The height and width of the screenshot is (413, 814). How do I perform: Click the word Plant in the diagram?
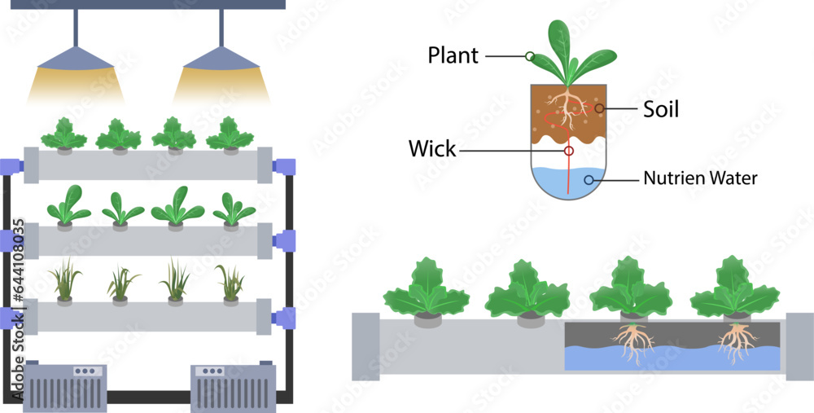(453, 56)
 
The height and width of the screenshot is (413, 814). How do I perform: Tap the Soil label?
(660, 108)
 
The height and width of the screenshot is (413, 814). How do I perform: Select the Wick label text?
(432, 150)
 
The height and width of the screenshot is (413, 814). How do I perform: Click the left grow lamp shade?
(76, 59)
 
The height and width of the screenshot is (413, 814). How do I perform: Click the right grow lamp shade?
(221, 59)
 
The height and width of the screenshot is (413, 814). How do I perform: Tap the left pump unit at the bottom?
(66, 382)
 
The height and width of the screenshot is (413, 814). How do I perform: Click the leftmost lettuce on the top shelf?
(63, 134)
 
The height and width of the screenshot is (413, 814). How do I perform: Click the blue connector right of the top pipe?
(283, 166)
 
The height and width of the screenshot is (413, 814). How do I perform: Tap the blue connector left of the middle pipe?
(11, 239)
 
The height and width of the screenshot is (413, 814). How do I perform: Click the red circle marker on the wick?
(568, 151)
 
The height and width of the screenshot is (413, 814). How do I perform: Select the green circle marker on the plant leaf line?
(530, 56)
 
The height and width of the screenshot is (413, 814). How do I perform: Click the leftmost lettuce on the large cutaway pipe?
(426, 289)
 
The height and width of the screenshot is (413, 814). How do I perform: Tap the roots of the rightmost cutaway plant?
(737, 342)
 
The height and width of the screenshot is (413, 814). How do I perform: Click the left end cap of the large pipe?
(365, 347)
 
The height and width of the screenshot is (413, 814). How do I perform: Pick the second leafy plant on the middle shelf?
(121, 209)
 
